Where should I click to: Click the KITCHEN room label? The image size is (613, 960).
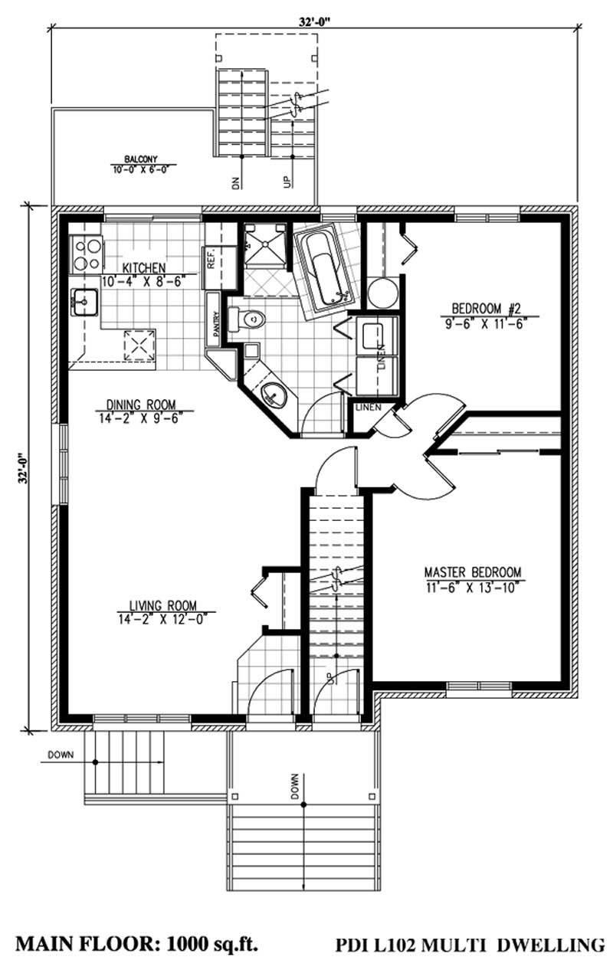click(x=143, y=267)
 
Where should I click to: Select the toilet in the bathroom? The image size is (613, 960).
click(x=248, y=317)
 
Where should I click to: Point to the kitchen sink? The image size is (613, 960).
click(x=82, y=303)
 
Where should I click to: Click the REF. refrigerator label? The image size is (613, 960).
click(x=211, y=260)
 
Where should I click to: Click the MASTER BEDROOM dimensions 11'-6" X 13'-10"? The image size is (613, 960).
click(x=473, y=587)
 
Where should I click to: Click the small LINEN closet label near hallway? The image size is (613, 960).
click(x=365, y=407)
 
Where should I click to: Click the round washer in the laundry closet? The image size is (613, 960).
click(x=382, y=293)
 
